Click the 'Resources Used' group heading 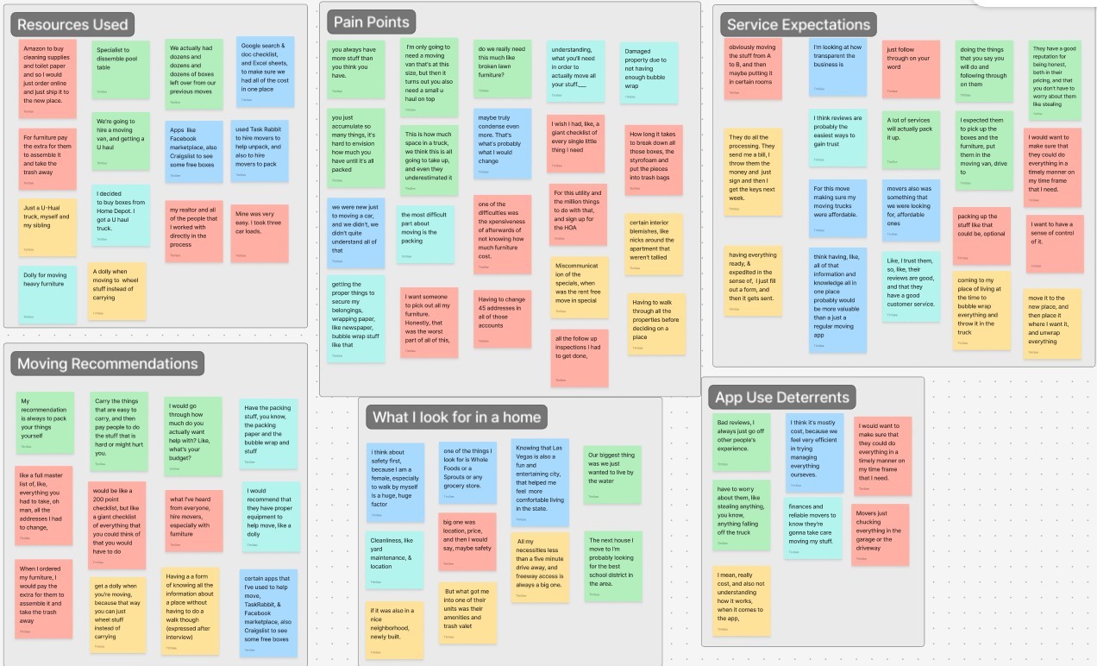pyautogui.click(x=72, y=24)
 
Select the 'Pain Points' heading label pyautogui.click(x=371, y=22)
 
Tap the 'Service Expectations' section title pyautogui.click(x=798, y=24)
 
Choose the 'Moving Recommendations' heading pyautogui.click(x=107, y=363)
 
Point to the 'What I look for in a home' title pyautogui.click(x=456, y=417)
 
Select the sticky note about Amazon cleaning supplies pyautogui.click(x=47, y=77)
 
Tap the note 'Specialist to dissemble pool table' pyautogui.click(x=120, y=68)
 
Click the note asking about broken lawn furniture pyautogui.click(x=502, y=68)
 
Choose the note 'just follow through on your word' pyautogui.click(x=911, y=68)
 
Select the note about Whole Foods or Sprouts pyautogui.click(x=467, y=474)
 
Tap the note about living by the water pyautogui.click(x=612, y=474)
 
